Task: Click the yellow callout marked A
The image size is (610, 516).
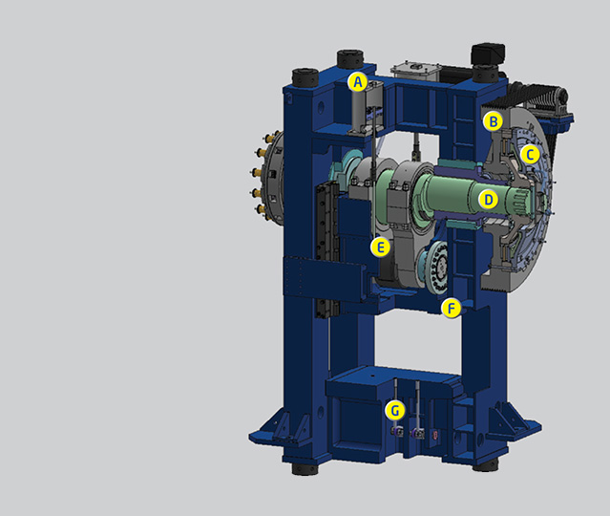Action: click(x=358, y=82)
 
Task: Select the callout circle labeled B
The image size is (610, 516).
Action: click(x=493, y=122)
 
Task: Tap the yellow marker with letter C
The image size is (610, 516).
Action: click(x=530, y=155)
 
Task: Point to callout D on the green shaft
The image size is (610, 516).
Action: click(x=489, y=200)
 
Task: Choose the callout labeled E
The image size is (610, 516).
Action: click(x=380, y=247)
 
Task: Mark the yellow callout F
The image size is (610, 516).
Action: click(x=452, y=309)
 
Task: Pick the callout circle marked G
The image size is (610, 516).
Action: click(x=395, y=410)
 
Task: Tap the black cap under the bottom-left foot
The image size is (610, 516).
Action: click(x=305, y=468)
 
